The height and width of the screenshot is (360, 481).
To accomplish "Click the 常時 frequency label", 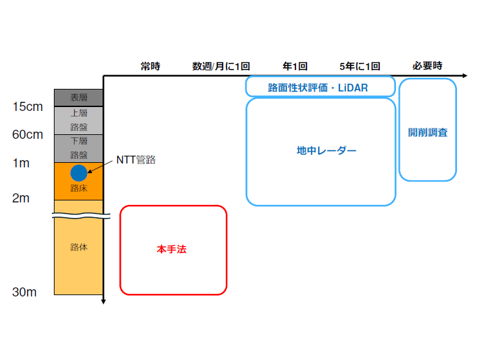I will (150, 66).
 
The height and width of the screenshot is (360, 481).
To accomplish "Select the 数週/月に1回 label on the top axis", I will (221, 66).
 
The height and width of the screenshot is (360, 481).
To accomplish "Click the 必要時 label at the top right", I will (427, 66).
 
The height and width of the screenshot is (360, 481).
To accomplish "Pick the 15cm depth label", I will (28, 106).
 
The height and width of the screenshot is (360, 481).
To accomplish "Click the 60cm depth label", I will (28, 135).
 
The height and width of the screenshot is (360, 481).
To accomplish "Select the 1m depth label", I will (21, 163).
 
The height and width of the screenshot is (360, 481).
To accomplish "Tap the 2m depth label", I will (21, 198).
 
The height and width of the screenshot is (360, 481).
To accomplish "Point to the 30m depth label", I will (25, 292).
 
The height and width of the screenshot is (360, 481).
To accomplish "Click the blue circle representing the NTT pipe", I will (79, 173).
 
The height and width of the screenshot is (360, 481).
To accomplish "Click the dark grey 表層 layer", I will (79, 98).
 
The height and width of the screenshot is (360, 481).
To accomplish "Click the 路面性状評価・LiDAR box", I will (320, 86).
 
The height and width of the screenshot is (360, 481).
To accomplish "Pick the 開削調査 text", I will (427, 132).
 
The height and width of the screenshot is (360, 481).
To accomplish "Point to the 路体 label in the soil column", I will (79, 247).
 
